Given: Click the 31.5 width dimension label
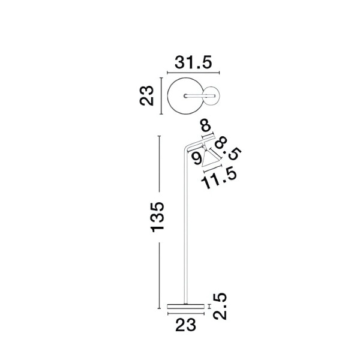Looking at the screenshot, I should (x=193, y=62).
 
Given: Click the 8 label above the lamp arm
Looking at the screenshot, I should (x=206, y=127).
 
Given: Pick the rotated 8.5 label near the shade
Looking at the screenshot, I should (x=227, y=150).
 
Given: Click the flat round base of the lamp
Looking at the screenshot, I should (x=186, y=307).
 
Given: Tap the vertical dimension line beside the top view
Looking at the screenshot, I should (x=161, y=96).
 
